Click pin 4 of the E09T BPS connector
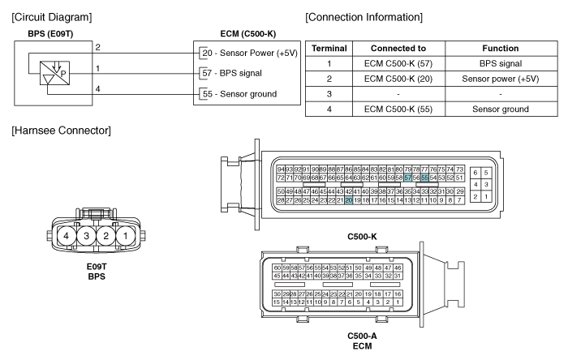(x=67, y=236)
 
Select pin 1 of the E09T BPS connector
(x=126, y=236)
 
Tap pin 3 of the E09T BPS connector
(x=86, y=236)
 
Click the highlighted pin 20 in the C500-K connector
(x=348, y=200)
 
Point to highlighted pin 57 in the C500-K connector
(x=408, y=178)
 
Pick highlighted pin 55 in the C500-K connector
(x=425, y=178)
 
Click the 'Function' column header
(x=501, y=48)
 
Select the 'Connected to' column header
(x=398, y=48)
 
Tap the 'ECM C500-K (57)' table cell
(x=398, y=64)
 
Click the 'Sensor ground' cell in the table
(x=501, y=109)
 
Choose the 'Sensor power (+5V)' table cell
(x=501, y=79)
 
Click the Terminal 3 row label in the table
(x=329, y=94)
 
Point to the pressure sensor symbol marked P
(x=54, y=73)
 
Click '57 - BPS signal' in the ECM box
(x=232, y=73)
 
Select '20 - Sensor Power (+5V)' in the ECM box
(x=250, y=53)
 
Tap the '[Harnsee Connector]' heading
(x=61, y=131)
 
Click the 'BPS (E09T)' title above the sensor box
(x=50, y=34)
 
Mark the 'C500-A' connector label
(x=362, y=336)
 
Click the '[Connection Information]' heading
(x=364, y=17)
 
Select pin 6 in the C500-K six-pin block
(x=475, y=173)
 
